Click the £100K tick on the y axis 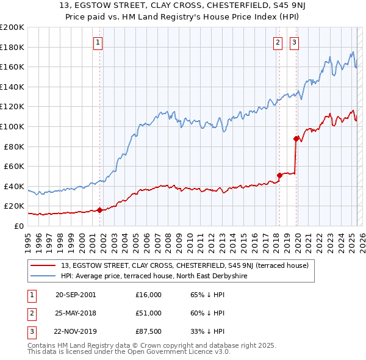pyautogui.click(x=12, y=126)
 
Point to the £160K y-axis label pyautogui.click(x=12, y=67)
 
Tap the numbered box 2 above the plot pyautogui.click(x=278, y=42)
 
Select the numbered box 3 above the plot pyautogui.click(x=294, y=42)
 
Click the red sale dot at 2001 pyautogui.click(x=99, y=210)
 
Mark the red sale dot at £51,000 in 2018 pyautogui.click(x=279, y=175)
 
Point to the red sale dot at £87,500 pyautogui.click(x=296, y=139)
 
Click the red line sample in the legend pyautogui.click(x=43, y=265)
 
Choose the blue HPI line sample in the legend pyautogui.click(x=43, y=275)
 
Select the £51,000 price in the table pyautogui.click(x=149, y=313)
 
